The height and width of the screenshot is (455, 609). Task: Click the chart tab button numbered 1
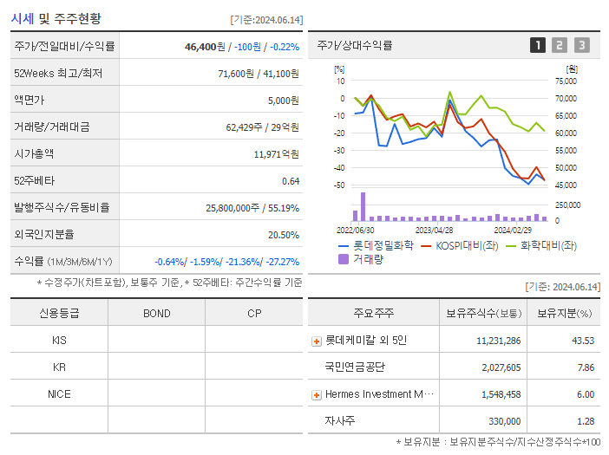coord(538,45)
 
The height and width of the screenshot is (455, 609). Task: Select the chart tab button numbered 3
coord(581,45)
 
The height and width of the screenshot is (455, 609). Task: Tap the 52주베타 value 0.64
coord(290,180)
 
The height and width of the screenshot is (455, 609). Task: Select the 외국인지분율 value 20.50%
coord(284,234)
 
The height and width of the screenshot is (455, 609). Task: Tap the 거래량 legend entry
coord(366,258)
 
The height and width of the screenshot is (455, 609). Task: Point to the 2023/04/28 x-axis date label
coord(434,231)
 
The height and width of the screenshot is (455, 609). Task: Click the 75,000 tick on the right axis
coord(565,81)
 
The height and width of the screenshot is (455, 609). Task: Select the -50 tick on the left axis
coord(339,185)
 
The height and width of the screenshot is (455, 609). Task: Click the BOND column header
coord(156,313)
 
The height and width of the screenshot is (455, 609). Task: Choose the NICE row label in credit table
coord(59,393)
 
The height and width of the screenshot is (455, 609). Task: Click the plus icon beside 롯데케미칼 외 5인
coord(317,341)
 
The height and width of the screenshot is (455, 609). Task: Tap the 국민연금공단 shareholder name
coord(354,367)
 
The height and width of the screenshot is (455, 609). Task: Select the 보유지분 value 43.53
coord(582,341)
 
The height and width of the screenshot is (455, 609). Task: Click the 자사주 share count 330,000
coord(503,421)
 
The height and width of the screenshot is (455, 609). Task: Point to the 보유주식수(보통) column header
coord(484,313)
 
